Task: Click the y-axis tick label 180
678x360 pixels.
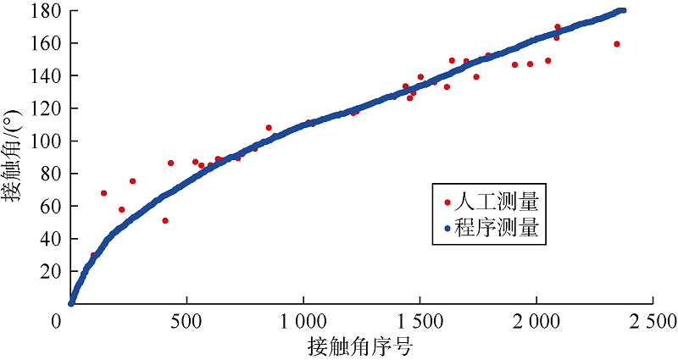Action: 44,11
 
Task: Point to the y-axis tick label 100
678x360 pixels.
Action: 44,141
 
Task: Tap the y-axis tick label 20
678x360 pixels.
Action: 48,271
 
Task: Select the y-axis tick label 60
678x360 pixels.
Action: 48,206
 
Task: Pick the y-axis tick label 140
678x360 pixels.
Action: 44,76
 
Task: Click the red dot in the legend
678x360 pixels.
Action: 447,202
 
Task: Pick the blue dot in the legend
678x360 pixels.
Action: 447,228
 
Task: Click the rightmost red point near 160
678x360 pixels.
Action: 617,44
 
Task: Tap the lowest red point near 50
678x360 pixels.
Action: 165,220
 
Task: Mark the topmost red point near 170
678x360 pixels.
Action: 557,27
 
